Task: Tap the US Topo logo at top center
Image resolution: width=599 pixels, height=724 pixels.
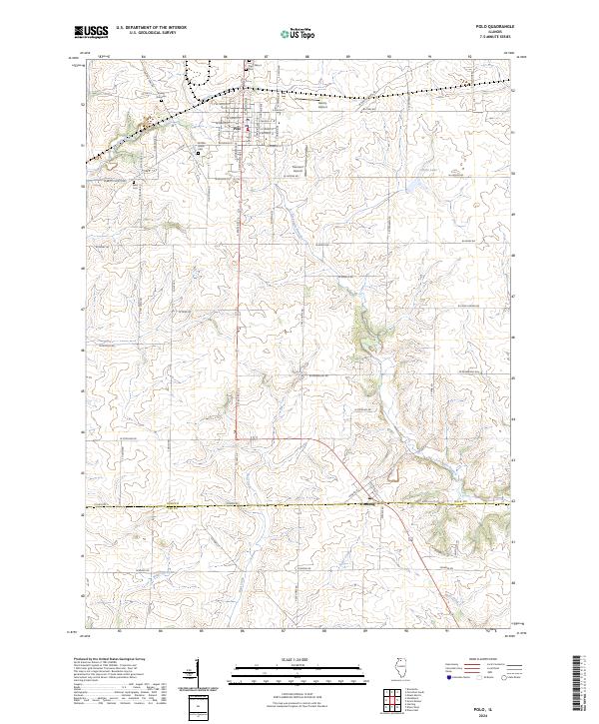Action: (x=299, y=32)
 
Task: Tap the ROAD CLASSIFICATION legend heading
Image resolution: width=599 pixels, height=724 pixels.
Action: (x=473, y=661)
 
